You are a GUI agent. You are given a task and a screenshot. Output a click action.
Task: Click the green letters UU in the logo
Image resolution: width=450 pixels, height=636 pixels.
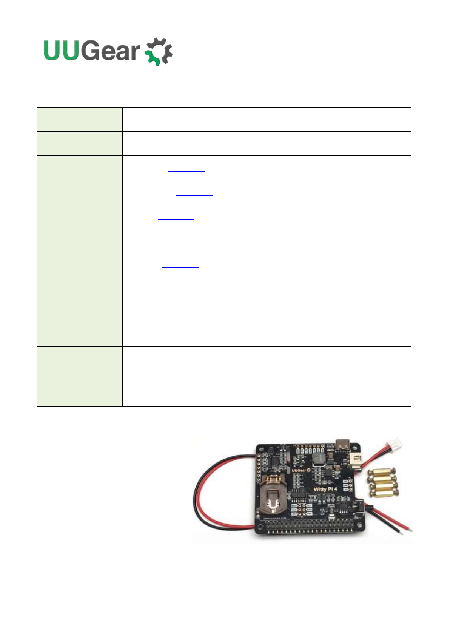[x=62, y=51]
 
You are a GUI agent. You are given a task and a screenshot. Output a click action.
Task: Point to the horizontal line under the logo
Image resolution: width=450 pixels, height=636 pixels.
[x=225, y=73]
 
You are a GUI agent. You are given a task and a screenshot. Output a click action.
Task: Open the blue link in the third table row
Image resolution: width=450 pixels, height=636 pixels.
[x=186, y=170]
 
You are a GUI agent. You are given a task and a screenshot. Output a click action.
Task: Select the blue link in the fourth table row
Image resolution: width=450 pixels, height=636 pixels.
[x=194, y=194]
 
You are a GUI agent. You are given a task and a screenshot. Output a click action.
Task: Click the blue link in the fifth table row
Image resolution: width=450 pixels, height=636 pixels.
[x=176, y=218]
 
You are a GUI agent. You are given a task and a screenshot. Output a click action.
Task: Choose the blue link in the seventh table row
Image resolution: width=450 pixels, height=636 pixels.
[x=180, y=266]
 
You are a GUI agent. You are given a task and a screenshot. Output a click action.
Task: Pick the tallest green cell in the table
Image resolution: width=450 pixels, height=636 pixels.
[x=80, y=388]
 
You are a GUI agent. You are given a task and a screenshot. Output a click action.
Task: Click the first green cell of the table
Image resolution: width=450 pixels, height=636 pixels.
[x=80, y=119]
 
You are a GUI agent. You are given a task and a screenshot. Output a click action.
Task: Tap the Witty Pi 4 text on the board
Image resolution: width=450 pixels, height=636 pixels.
[x=325, y=489]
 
